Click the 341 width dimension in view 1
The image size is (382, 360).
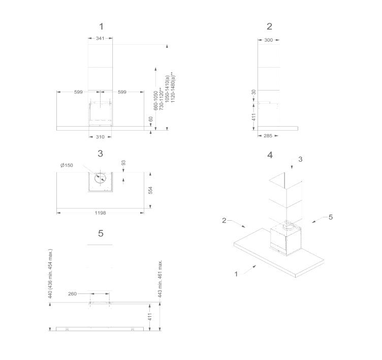100,38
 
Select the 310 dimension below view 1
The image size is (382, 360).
100,137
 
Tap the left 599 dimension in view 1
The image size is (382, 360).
78,92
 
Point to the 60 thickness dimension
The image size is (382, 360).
150,119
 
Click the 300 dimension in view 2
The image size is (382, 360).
269,40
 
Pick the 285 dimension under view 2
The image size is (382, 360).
268,136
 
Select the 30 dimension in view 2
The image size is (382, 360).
254,92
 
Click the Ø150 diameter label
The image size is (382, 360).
67,165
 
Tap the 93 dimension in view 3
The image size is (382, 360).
123,163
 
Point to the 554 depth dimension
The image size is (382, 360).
150,190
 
